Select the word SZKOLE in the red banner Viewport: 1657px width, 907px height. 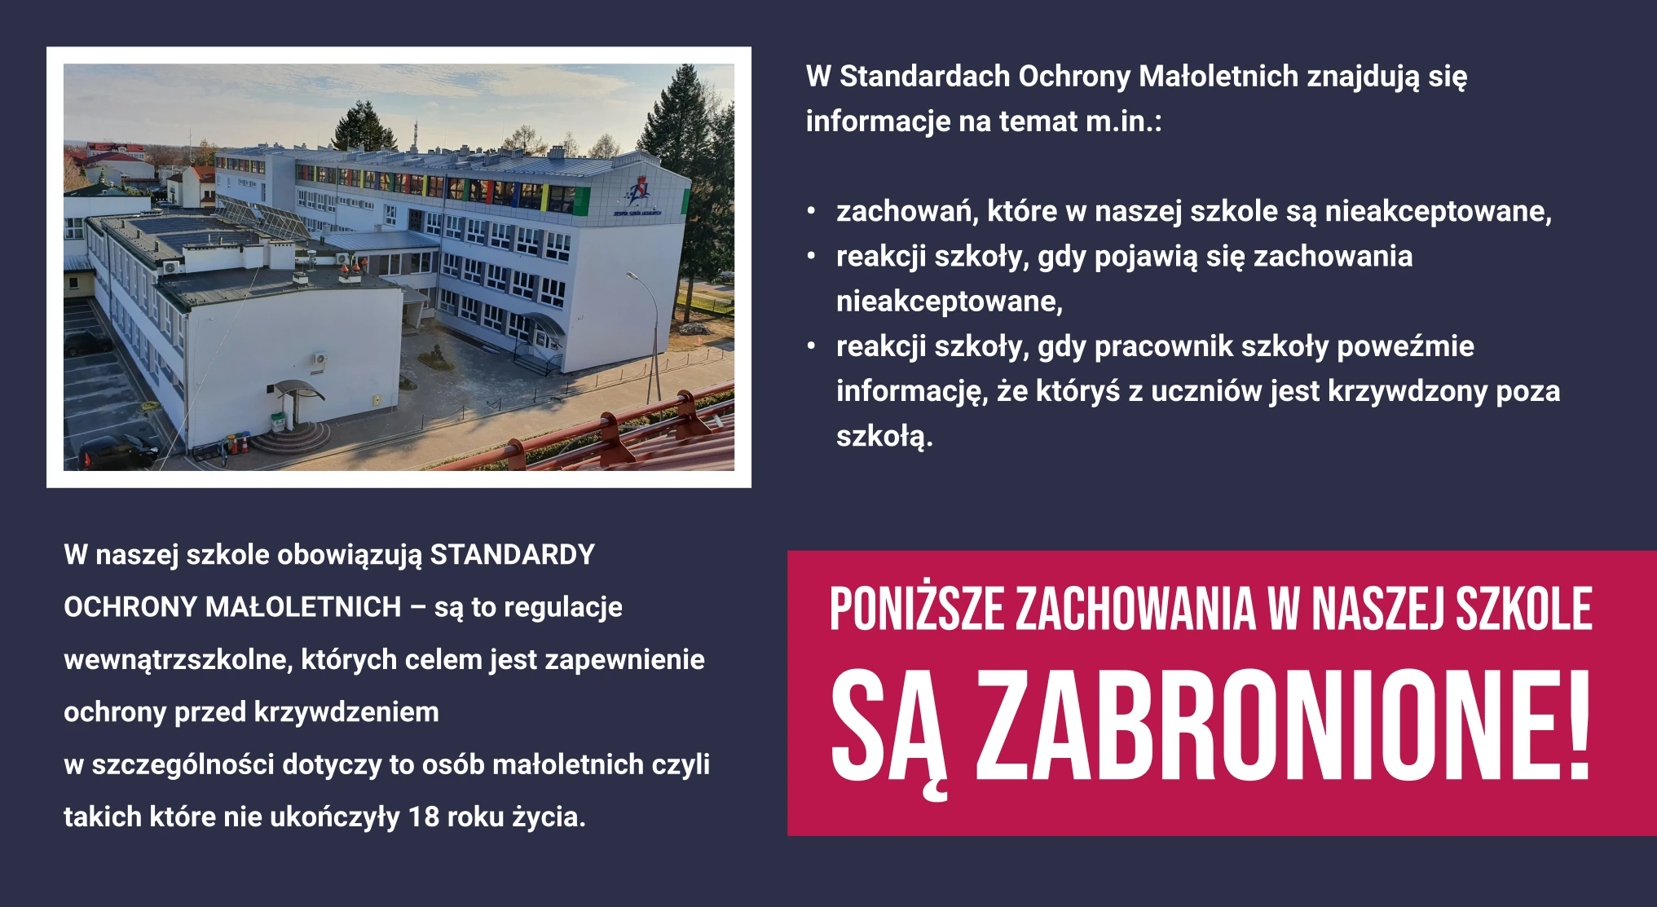[1523, 609]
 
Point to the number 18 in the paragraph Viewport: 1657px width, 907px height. [424, 817]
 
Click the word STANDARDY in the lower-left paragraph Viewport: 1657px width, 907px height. [512, 555]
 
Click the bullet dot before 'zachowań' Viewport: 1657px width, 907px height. [811, 211]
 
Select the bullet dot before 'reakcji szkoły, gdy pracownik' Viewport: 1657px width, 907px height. [811, 346]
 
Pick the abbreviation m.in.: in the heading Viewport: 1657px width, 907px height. [1124, 121]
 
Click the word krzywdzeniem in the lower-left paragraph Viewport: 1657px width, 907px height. [347, 712]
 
